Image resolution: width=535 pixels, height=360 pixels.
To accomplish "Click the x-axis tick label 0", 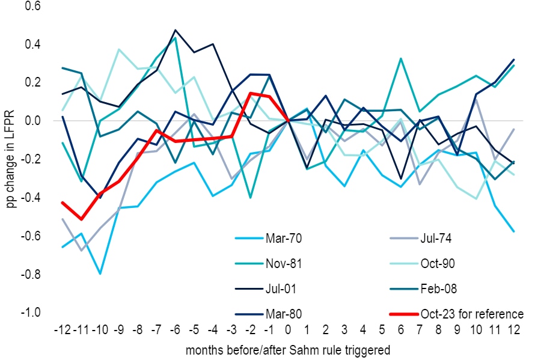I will point(289,330).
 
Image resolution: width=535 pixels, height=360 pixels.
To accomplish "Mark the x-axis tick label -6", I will point(174,330).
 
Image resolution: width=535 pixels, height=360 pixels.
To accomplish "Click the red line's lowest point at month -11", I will point(81,219).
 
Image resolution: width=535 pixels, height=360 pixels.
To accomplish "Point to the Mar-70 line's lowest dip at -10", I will point(100,273).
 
